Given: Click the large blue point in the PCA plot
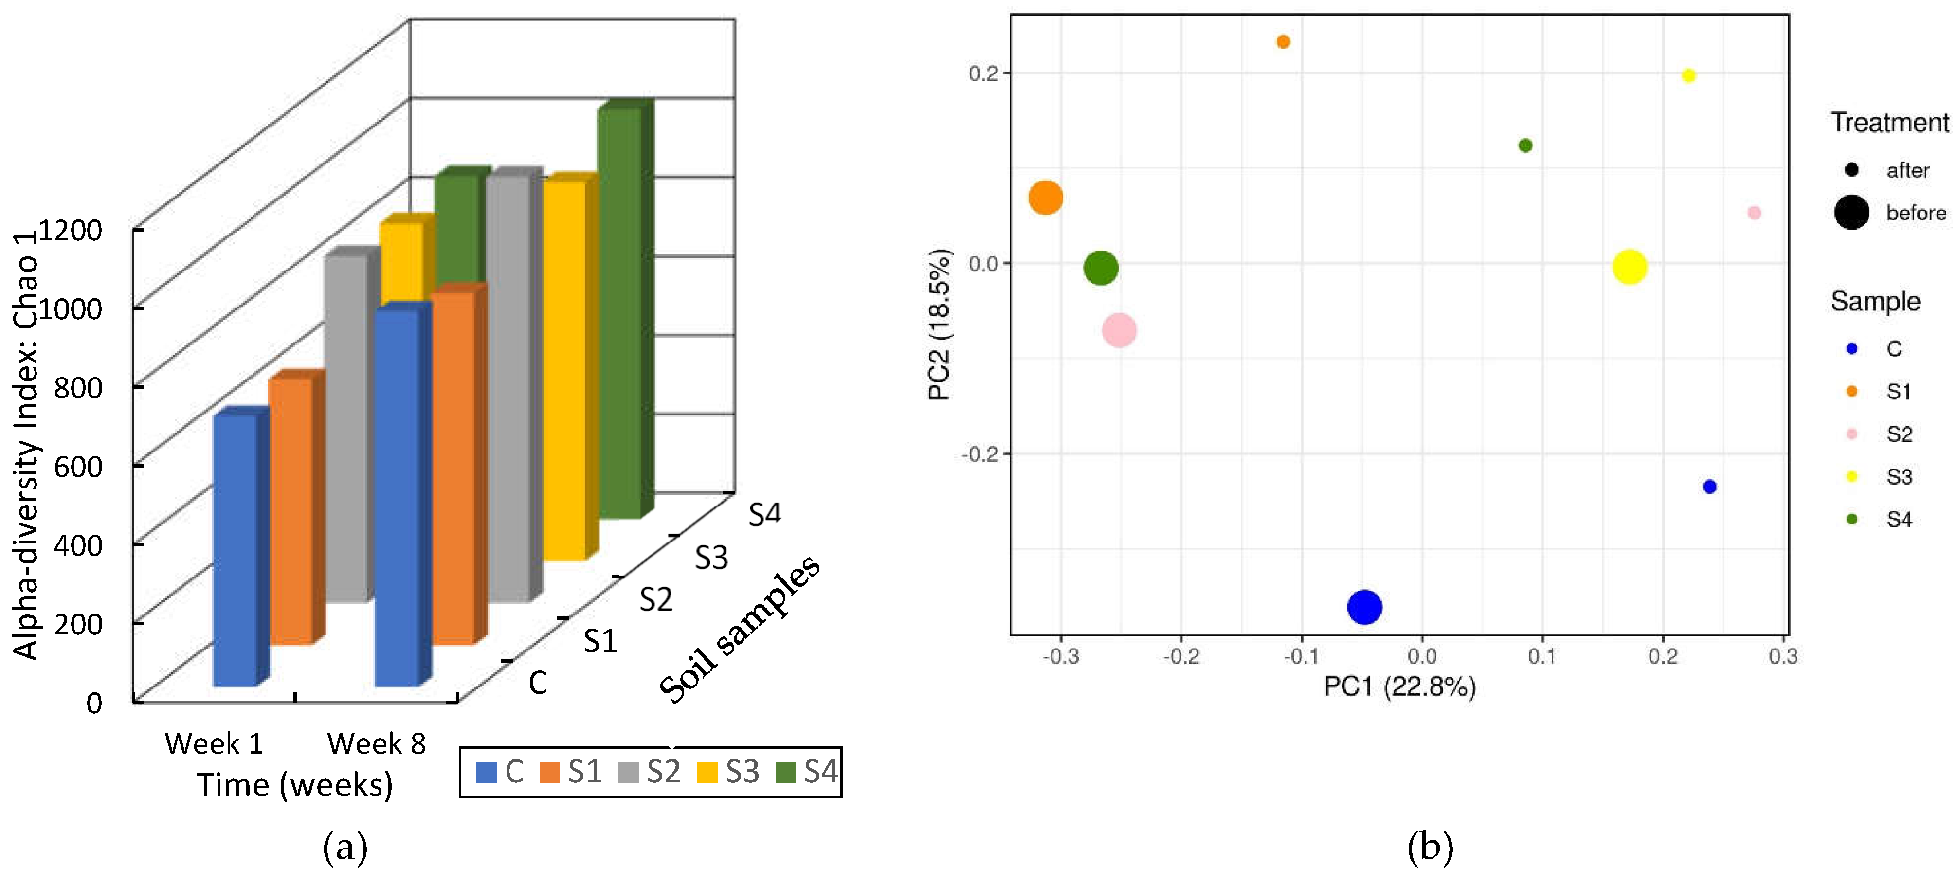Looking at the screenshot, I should (x=1364, y=607).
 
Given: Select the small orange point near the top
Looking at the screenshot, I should (x=1283, y=42).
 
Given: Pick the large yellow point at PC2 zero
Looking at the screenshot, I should (x=1629, y=267).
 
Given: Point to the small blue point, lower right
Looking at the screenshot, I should (x=1709, y=487).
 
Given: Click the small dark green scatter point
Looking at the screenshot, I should (x=1525, y=145).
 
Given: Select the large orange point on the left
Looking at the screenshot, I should (x=1046, y=198).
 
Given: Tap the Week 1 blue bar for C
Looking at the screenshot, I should (x=235, y=547).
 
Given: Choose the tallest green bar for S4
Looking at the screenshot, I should (x=620, y=312).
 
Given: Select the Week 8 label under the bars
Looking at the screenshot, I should (x=377, y=743).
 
